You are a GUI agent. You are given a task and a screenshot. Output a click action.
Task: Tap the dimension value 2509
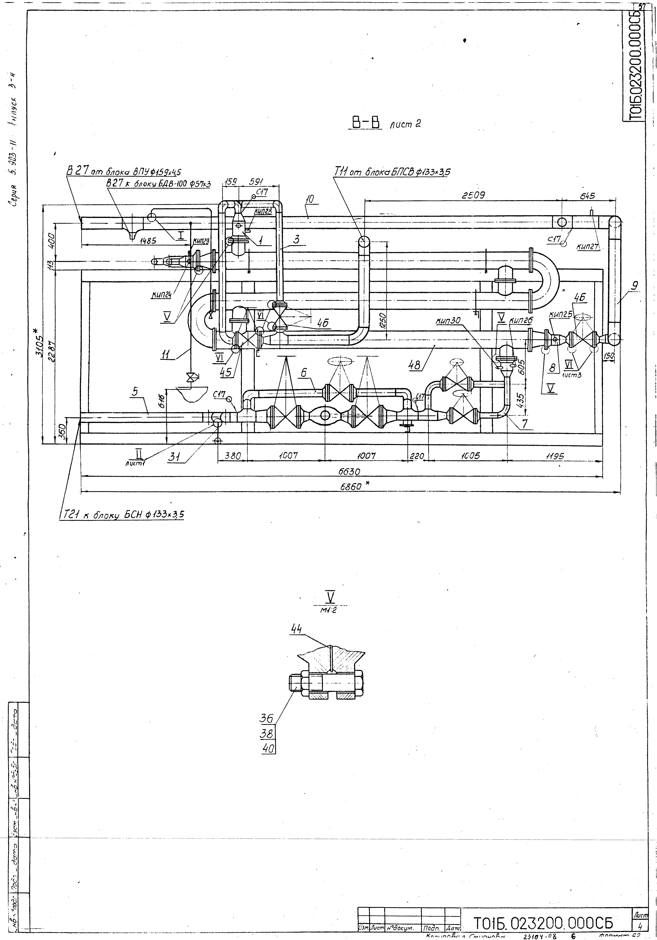pos(473,196)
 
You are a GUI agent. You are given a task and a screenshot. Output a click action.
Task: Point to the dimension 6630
pos(349,472)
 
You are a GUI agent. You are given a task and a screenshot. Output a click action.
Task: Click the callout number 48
pos(414,365)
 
